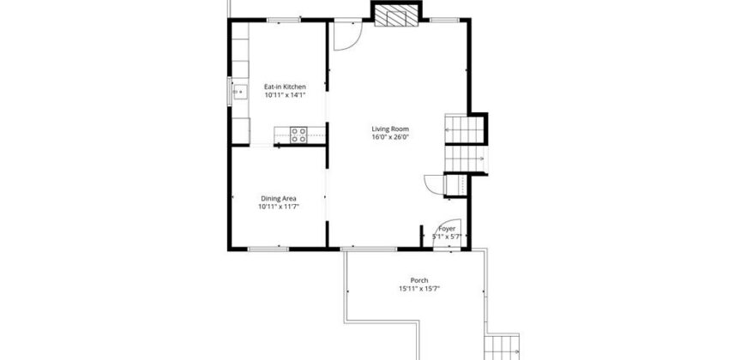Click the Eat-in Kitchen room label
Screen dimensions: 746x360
click(x=285, y=87)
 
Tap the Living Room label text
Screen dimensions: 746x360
click(x=390, y=129)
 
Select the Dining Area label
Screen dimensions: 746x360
click(x=279, y=198)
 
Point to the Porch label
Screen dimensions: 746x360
click(x=419, y=280)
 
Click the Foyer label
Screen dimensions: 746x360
click(x=447, y=229)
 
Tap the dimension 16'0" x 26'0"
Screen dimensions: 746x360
click(x=391, y=137)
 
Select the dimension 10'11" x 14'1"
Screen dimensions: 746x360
click(x=285, y=95)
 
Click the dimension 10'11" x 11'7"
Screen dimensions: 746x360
click(x=279, y=207)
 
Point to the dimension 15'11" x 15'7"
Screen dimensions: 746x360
click(x=419, y=288)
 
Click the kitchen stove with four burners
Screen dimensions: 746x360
click(x=298, y=135)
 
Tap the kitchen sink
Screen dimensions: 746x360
click(x=240, y=92)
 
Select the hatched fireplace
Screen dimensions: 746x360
click(x=396, y=15)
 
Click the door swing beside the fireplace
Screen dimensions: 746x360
click(x=347, y=36)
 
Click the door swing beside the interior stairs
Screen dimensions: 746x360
click(x=434, y=184)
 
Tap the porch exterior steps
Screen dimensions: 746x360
click(x=502, y=347)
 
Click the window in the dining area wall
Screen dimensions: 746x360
click(x=268, y=249)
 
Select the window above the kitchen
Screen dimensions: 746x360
click(x=284, y=20)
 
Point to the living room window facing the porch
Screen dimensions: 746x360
click(x=369, y=249)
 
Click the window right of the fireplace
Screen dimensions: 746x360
click(x=445, y=20)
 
